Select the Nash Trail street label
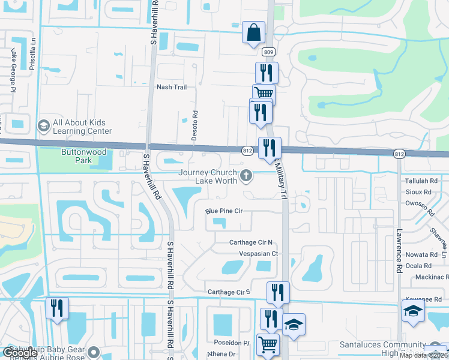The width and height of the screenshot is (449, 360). [x=172, y=87]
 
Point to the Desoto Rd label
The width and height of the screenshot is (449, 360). [x=194, y=125]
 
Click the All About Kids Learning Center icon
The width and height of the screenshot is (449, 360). [x=43, y=126]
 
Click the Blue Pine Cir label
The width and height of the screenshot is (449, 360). [x=223, y=211]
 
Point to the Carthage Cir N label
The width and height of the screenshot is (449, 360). [x=251, y=242]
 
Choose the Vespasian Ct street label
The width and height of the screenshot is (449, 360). [x=259, y=254]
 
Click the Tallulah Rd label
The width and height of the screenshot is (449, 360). [x=421, y=181]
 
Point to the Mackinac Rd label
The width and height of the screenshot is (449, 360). [x=427, y=277]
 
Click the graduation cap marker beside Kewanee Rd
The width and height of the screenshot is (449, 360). [x=413, y=311]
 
